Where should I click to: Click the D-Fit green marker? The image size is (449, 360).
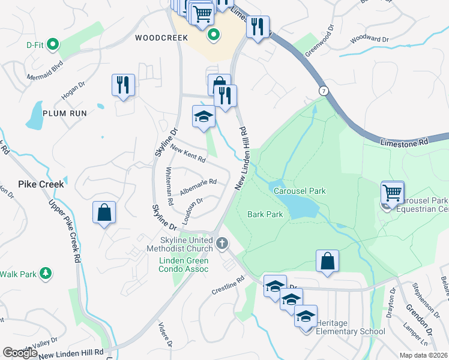[53, 44]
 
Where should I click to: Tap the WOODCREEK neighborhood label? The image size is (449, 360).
[157, 38]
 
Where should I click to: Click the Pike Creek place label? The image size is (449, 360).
[41, 184]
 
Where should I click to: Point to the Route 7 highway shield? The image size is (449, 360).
[324, 90]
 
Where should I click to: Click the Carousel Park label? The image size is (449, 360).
[300, 191]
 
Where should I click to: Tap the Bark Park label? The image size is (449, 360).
[265, 214]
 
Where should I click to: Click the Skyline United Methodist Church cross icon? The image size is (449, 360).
[222, 243]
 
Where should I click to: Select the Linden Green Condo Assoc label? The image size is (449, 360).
[184, 265]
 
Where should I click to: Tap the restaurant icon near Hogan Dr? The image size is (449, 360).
[123, 85]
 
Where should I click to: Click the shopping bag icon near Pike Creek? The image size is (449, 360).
[104, 213]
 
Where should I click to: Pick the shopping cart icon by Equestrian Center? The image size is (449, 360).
[392, 194]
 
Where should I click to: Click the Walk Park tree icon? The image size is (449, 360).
[45, 274]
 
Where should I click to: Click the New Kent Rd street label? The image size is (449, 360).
[188, 154]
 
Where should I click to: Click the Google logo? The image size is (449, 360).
[20, 352]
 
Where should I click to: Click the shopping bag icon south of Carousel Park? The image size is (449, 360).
[327, 262]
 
